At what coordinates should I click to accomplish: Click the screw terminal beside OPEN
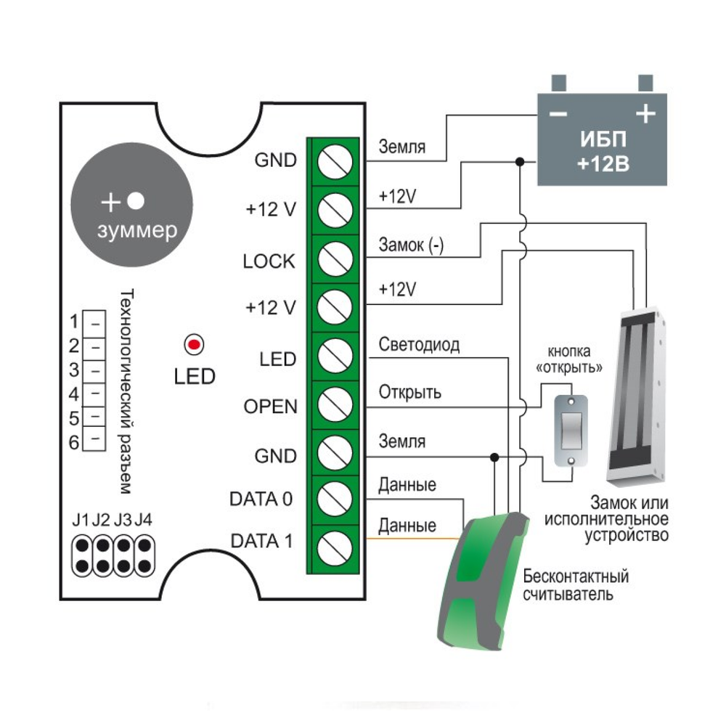pyautogui.click(x=335, y=403)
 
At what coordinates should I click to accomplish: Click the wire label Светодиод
pyautogui.click(x=419, y=346)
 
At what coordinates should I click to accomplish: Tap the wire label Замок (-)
pyautogui.click(x=411, y=245)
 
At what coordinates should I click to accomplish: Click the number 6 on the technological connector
pyautogui.click(x=73, y=442)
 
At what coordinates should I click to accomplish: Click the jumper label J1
pyautogui.click(x=81, y=520)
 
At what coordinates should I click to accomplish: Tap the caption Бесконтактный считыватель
pyautogui.click(x=576, y=586)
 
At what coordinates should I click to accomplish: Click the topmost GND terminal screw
pyautogui.click(x=335, y=161)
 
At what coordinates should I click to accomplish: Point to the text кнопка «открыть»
pyautogui.click(x=570, y=359)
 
